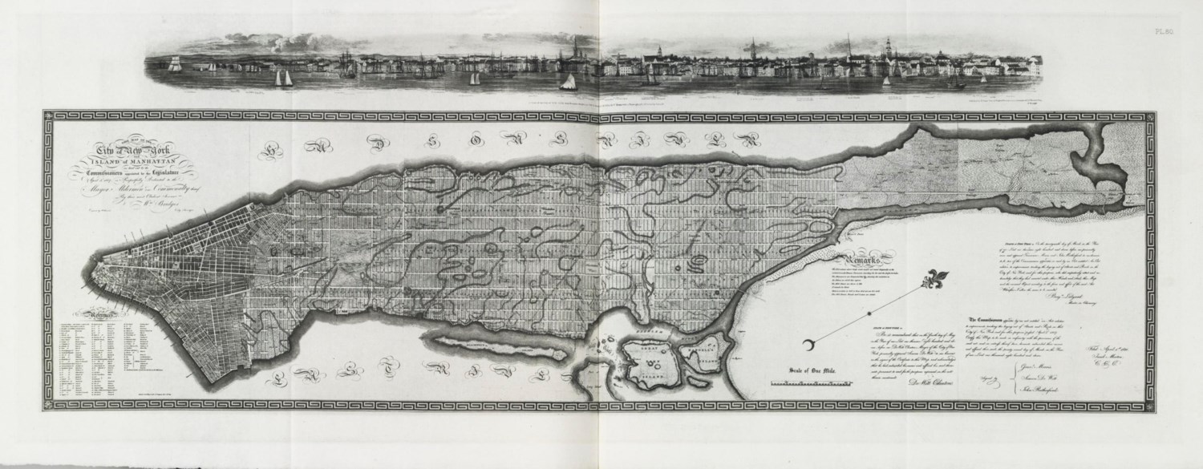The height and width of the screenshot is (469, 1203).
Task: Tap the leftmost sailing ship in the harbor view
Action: (x=174, y=68)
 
